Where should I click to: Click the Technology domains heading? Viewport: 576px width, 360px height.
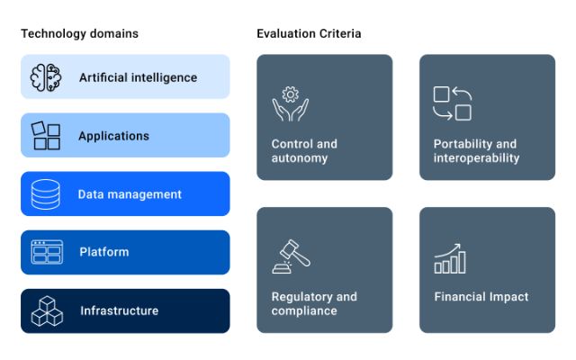80,34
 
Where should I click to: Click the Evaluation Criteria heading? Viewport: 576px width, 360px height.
309,34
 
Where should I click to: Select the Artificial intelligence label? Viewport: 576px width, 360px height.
138,77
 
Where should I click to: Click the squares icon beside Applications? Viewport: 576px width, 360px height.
46,136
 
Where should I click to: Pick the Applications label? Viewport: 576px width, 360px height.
113,136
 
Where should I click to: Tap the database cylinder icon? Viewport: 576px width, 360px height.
46,194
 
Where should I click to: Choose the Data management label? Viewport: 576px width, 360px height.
130,194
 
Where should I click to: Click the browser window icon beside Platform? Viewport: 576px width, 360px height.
46,252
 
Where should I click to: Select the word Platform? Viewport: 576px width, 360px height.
103,252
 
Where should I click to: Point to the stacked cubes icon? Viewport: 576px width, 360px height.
46,310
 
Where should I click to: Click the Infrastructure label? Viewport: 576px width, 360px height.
119,310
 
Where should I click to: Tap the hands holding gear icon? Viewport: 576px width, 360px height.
290,104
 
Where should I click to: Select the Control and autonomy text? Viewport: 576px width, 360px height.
304,150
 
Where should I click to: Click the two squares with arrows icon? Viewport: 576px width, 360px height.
453,103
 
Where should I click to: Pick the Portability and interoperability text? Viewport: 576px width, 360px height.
476,150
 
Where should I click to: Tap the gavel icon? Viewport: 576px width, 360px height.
291,256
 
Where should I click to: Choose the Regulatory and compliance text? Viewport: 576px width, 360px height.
314,303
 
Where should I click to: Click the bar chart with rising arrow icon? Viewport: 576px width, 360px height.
450,258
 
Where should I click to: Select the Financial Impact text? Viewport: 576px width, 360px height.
481,297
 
